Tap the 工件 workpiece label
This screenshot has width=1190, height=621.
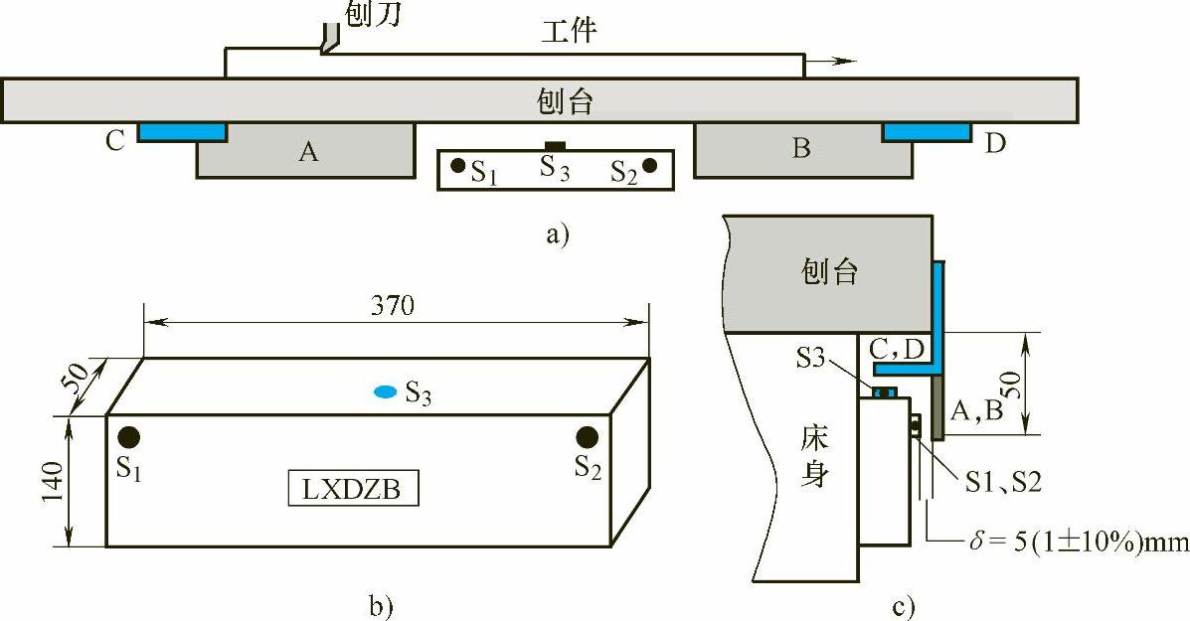point(568,32)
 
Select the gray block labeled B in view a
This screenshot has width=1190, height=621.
point(801,151)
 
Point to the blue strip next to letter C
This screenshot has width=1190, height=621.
point(181,131)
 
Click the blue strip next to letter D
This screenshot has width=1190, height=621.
point(927,131)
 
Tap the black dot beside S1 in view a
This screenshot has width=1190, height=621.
point(457,166)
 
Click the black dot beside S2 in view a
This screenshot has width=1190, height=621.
point(649,166)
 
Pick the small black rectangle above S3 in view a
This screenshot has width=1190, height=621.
point(555,147)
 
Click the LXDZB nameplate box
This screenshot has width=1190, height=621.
point(353,490)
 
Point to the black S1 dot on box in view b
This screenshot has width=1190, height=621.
point(128,437)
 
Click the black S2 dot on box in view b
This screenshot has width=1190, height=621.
point(587,437)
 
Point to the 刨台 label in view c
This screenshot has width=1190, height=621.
point(830,271)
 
